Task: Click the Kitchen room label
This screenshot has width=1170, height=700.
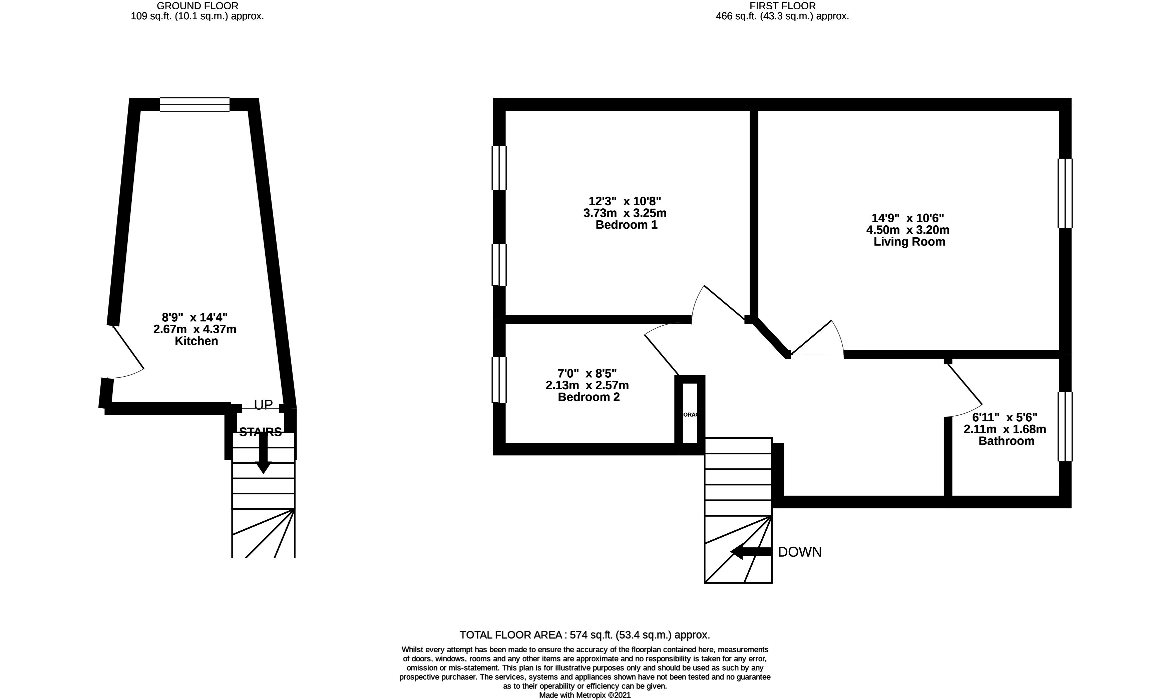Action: click(x=197, y=341)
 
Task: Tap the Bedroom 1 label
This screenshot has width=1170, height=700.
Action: click(x=626, y=225)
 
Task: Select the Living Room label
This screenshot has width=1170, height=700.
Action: click(x=909, y=242)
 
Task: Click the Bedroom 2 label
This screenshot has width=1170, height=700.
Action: click(x=589, y=397)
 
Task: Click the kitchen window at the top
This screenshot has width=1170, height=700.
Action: click(x=194, y=104)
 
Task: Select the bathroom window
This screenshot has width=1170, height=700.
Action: click(x=1065, y=426)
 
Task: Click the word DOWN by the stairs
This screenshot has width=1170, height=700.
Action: click(x=799, y=552)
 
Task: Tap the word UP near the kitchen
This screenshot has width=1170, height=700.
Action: click(x=263, y=405)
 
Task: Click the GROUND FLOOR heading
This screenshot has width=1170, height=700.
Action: click(x=197, y=6)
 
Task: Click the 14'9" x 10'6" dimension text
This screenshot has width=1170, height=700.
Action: click(x=907, y=218)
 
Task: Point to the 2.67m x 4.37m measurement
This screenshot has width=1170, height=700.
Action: click(x=194, y=329)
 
